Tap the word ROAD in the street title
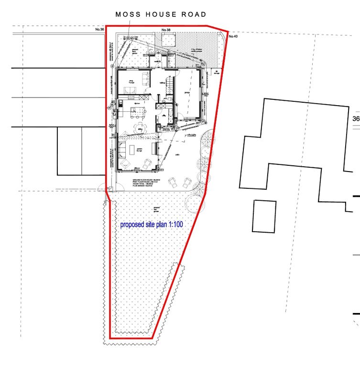coord(193,14)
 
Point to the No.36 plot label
coord(99,30)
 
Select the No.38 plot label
coord(166,30)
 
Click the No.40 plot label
coord(233,36)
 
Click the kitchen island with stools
coord(138,112)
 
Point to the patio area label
coord(177,155)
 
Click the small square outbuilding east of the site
coord(264,216)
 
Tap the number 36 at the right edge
coord(356,119)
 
